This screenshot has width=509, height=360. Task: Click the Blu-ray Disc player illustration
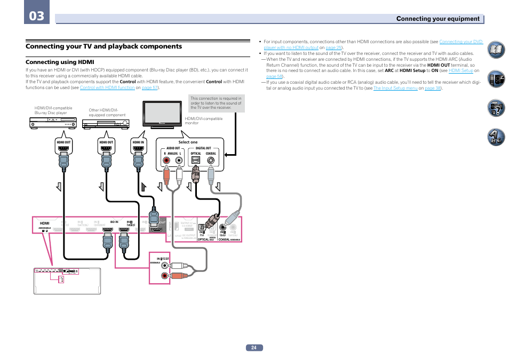[x=52, y=123]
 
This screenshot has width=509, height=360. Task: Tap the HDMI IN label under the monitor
[x=139, y=142]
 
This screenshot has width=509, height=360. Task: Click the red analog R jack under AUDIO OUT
[x=166, y=159]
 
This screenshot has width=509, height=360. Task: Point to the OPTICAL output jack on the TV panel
[x=196, y=159]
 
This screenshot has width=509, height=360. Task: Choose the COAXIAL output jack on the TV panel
[x=211, y=159]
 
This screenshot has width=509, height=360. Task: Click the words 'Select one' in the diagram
[x=188, y=142]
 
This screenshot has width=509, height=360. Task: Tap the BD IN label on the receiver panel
[x=114, y=221]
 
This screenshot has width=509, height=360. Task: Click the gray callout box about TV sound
[x=217, y=103]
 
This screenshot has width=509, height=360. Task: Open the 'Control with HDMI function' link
[x=107, y=87]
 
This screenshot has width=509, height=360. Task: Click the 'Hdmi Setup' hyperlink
[x=461, y=70]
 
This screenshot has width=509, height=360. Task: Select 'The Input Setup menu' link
[x=395, y=88]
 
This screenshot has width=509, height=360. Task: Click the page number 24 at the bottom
[x=254, y=348]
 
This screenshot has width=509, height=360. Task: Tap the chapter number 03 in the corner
[x=37, y=16]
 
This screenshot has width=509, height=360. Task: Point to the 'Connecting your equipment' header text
[x=438, y=19]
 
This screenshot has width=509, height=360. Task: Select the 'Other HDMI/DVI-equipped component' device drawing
[x=107, y=123]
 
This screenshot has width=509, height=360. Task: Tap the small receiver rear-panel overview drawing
[x=67, y=281]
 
